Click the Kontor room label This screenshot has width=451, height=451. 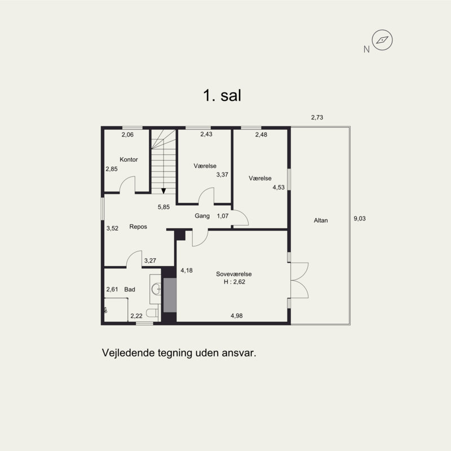tap(129, 160)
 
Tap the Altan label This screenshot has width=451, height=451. tap(321, 220)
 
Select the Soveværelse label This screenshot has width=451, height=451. tap(234, 274)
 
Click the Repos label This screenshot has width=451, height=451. tap(138, 227)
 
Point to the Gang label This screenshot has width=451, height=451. tap(202, 216)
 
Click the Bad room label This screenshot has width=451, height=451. tap(130, 289)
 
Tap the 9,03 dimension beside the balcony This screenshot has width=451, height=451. tap(360, 219)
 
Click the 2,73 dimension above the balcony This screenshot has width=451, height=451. tap(317, 117)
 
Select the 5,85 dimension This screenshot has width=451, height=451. tap(163, 207)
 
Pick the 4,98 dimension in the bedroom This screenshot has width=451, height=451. tap(236, 316)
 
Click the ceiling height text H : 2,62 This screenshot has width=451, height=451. tap(235, 282)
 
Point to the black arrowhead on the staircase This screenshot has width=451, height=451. tap(163, 191)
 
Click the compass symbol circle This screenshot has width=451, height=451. tap(382, 40)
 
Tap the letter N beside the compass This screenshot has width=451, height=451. tap(366, 50)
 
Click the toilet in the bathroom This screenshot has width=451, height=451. tap(152, 313)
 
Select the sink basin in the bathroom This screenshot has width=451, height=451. tap(156, 289)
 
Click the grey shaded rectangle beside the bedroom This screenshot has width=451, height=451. tap(170, 295)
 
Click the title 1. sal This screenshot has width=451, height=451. tap(222, 95)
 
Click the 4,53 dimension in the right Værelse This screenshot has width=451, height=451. tap(278, 187)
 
